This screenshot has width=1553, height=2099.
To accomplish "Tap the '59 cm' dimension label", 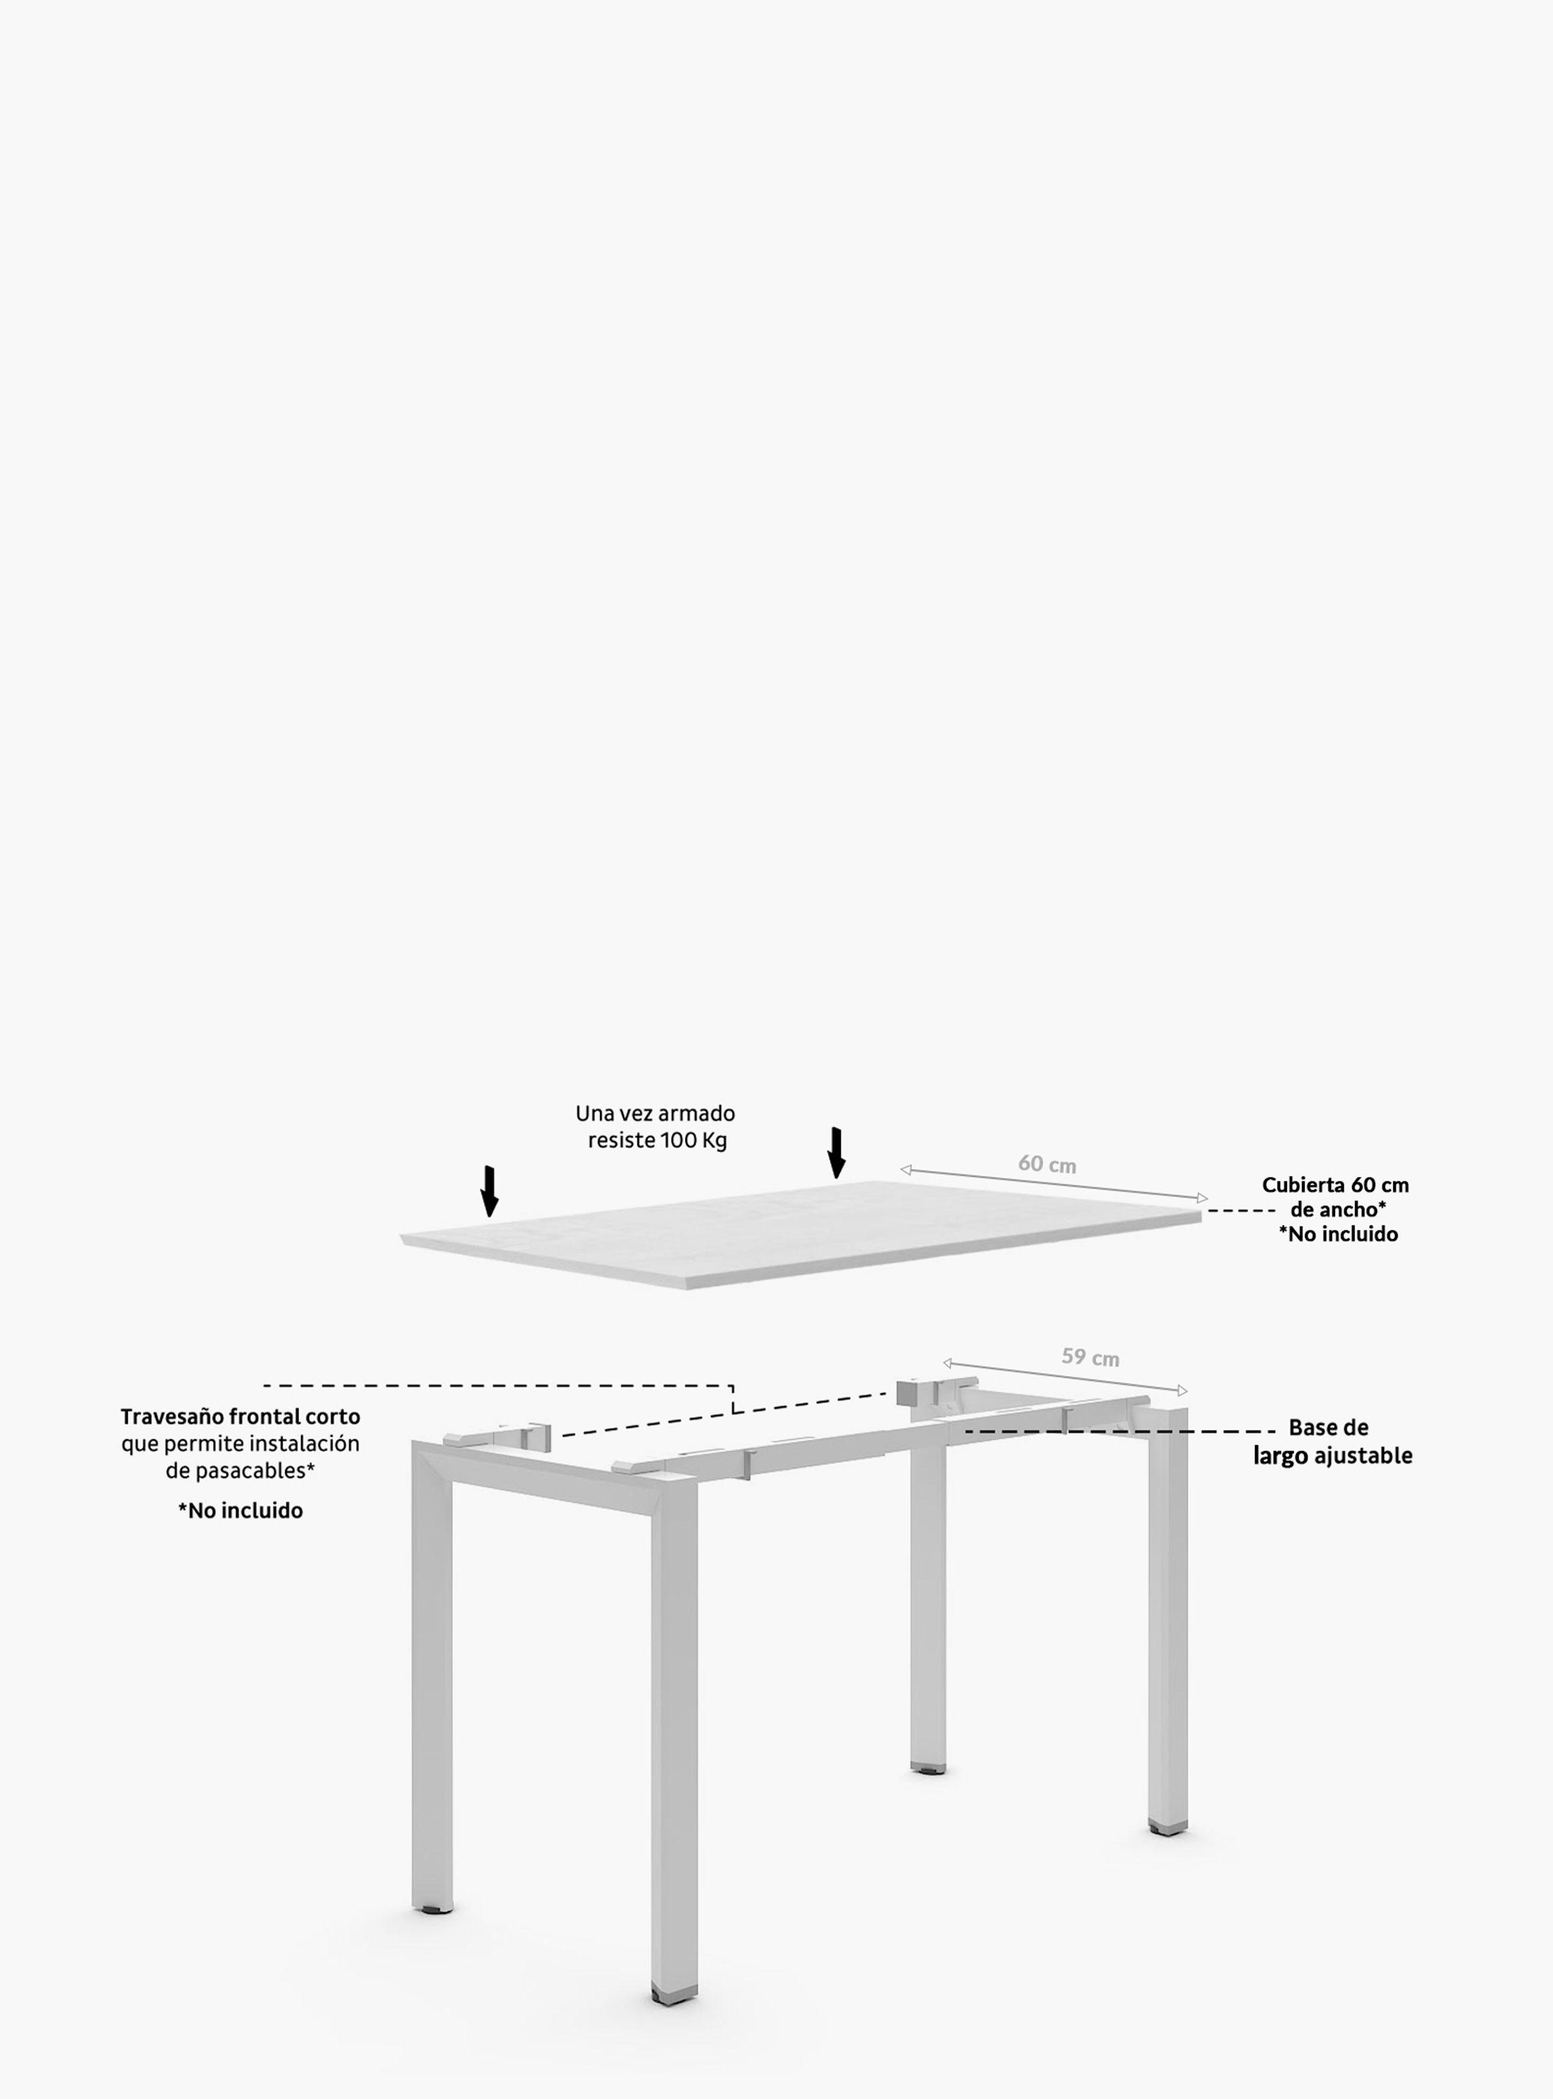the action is tap(1091, 1357).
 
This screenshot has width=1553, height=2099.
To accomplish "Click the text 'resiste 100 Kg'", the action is tap(657, 1141).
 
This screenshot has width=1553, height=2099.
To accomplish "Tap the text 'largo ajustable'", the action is tap(1333, 1456).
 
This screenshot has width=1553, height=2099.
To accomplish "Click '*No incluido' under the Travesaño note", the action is tap(241, 1511).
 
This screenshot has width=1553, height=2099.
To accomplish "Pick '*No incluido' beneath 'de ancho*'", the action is tap(1338, 1233).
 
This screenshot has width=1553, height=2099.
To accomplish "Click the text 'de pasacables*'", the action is tap(241, 1470).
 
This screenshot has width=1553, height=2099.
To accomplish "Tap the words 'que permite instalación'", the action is tap(241, 1443).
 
